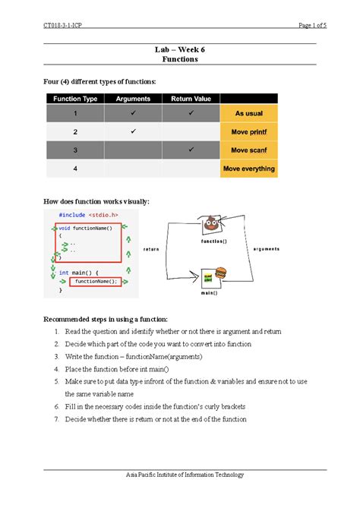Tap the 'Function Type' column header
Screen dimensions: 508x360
tap(74, 98)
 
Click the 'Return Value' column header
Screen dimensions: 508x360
tap(191, 98)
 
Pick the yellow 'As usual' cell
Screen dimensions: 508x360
tap(248, 113)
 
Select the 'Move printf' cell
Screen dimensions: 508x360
tap(248, 132)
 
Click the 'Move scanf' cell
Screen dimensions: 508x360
tap(248, 150)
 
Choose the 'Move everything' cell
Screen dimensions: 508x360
tap(248, 169)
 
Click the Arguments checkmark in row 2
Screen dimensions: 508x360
tap(133, 131)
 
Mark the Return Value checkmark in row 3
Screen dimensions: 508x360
tap(191, 150)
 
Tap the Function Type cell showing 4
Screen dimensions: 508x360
tap(74, 169)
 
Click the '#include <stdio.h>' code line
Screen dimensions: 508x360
tap(88, 215)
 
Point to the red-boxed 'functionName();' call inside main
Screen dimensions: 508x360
tap(94, 281)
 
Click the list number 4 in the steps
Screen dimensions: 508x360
tap(57, 369)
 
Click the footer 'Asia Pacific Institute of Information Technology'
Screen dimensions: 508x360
tap(180, 475)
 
